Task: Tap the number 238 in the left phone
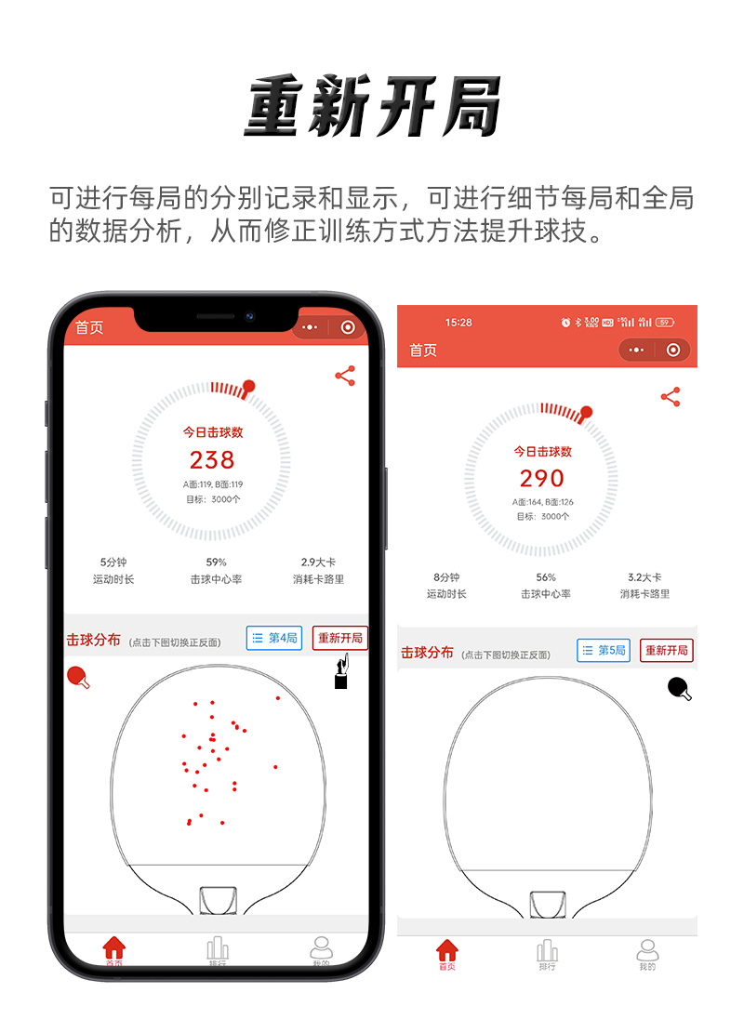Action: click(212, 459)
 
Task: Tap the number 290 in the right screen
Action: click(542, 478)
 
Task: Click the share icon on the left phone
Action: click(345, 376)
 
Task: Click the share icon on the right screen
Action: click(671, 397)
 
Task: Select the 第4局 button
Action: click(274, 638)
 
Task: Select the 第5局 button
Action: click(604, 650)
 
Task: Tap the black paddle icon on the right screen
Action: click(680, 689)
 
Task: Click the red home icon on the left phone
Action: click(114, 948)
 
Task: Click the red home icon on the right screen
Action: click(447, 950)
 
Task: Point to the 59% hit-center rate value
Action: click(216, 562)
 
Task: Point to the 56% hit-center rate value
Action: click(546, 577)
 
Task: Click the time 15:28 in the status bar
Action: click(458, 323)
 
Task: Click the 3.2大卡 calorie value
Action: click(644, 577)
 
